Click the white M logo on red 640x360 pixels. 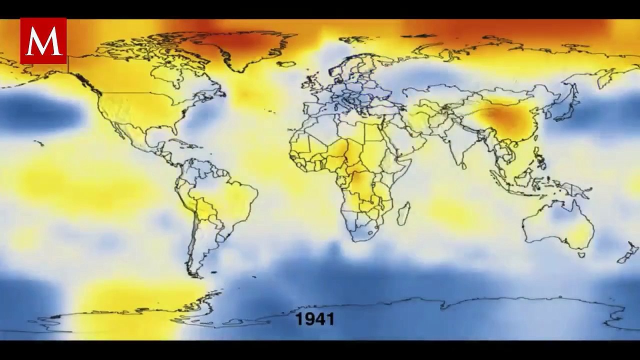[x=43, y=41]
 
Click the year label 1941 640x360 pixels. [x=314, y=319]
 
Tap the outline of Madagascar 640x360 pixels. [x=403, y=213]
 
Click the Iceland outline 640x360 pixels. [x=286, y=64]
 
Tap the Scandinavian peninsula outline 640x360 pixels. [x=345, y=70]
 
